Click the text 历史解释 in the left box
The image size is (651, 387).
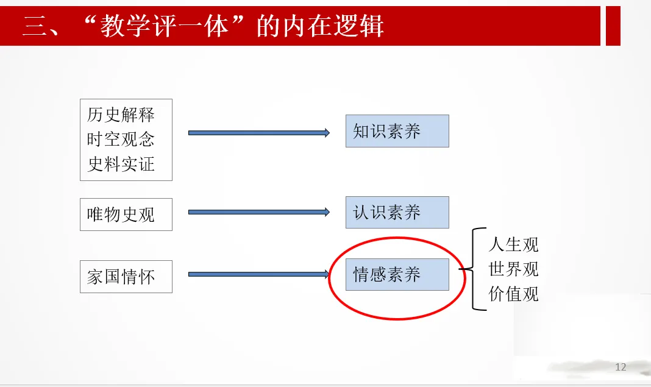121,115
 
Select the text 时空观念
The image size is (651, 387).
121,140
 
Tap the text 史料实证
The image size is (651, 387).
121,164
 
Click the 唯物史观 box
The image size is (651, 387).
126,215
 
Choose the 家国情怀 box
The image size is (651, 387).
126,277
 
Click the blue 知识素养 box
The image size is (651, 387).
397,131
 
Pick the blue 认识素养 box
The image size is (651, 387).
397,213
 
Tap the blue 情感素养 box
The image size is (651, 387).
397,275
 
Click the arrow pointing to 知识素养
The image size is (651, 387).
258,132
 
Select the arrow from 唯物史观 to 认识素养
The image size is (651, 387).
258,212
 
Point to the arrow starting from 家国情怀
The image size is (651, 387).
258,274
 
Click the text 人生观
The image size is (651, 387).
513,245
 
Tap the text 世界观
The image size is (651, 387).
513,269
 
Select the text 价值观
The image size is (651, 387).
513,294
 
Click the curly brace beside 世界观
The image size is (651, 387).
471,269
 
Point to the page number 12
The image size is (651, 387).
621,367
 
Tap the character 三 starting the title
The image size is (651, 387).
35,27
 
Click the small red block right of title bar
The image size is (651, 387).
613,26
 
